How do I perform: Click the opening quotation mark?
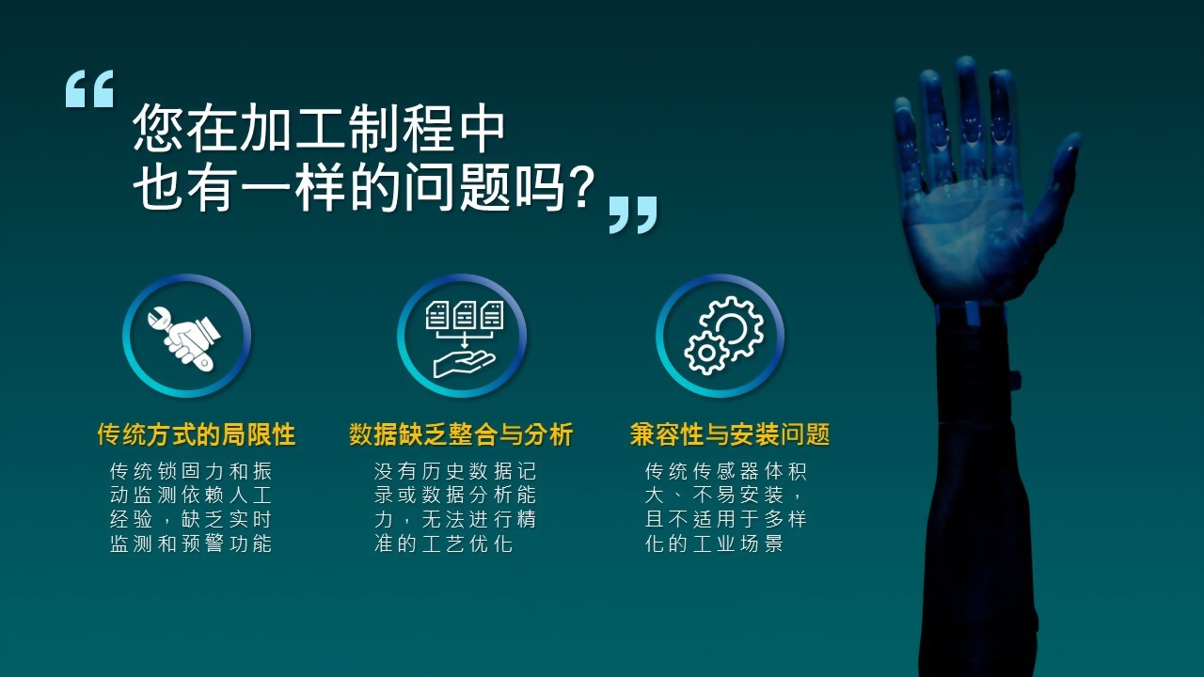(x=89, y=88)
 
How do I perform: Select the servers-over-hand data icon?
(x=464, y=338)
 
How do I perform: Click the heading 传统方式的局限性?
(x=197, y=434)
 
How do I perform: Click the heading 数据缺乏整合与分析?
(x=461, y=434)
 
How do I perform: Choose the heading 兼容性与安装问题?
(x=730, y=434)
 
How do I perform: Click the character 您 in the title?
(x=159, y=128)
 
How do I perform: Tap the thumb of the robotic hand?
(x=1053, y=182)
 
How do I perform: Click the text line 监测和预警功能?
(x=191, y=543)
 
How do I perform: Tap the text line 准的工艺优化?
(x=443, y=543)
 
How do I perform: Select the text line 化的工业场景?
(x=714, y=543)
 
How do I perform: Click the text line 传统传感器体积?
(x=725, y=471)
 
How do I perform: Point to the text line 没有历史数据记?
(x=455, y=471)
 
